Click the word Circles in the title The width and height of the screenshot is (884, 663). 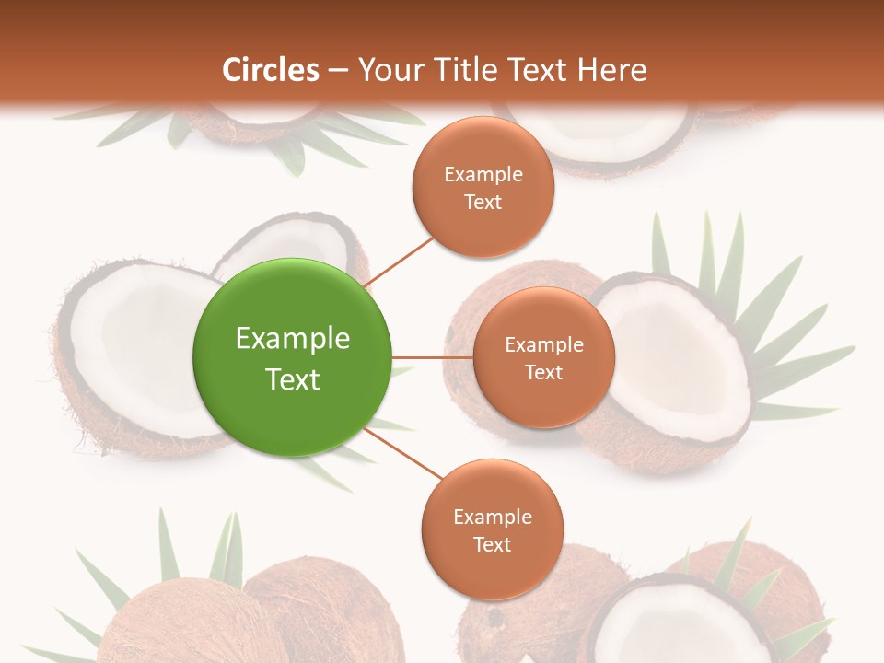[271, 70]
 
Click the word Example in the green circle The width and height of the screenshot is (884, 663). [293, 339]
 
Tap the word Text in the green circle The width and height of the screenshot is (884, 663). [293, 379]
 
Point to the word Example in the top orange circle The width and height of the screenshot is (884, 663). [483, 175]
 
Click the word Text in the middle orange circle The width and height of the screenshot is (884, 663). [543, 373]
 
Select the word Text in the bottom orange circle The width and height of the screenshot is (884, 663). [492, 545]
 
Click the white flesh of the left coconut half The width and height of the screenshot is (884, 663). [138, 350]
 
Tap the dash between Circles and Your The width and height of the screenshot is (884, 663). [338, 70]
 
